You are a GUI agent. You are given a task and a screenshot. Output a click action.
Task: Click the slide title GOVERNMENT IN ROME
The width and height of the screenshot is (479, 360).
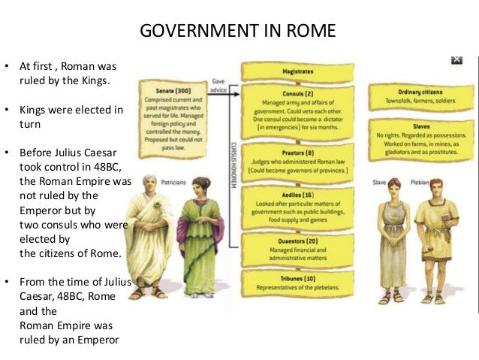pos(239,32)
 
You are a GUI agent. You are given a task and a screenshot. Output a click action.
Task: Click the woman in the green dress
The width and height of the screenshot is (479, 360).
pos(200,237)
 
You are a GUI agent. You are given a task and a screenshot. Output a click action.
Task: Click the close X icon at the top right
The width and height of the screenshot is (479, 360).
pos(456,59)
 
